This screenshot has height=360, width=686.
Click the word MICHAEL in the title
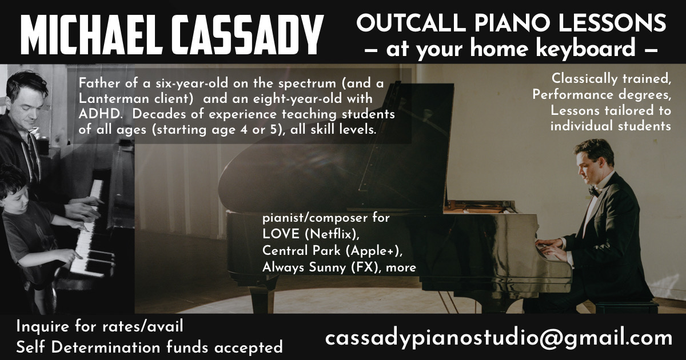coord(91,35)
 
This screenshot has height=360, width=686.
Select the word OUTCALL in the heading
coord(411,23)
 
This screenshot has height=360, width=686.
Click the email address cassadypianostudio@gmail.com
coord(498,338)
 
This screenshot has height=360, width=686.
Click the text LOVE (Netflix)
coord(310,234)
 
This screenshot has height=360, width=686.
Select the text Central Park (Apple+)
coord(332,251)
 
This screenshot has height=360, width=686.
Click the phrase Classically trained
coord(611,79)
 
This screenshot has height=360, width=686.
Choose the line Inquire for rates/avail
coord(100,327)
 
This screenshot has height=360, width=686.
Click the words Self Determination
coord(88,347)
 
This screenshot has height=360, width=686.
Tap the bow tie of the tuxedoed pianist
coord(594,191)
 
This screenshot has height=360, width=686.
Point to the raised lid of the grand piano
coord(337,144)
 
